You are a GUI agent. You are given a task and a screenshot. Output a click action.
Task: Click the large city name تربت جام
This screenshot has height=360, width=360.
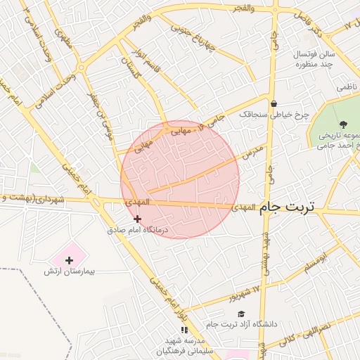click(x=288, y=207)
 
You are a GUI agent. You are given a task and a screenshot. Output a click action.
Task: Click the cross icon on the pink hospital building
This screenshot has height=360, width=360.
click(x=69, y=260)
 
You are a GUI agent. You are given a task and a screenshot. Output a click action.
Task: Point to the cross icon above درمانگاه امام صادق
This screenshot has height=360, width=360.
click(x=137, y=219)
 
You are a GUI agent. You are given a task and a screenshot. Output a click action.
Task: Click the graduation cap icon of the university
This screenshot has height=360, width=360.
click(x=241, y=313)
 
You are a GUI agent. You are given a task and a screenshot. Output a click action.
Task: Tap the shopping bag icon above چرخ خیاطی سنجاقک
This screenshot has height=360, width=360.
click(x=274, y=103)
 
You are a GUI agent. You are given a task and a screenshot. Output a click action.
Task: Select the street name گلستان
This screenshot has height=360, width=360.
click(x=131, y=69)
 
